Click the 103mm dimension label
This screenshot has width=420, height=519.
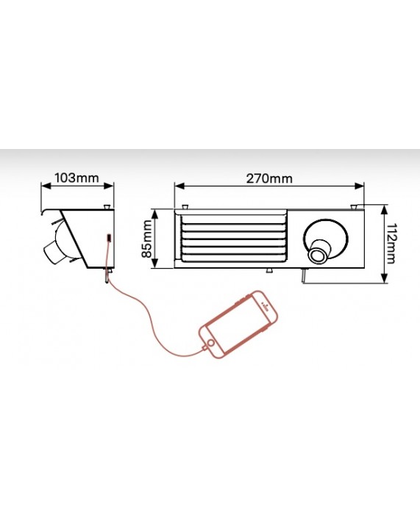pyautogui.click(x=76, y=178)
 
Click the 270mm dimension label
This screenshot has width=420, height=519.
pyautogui.click(x=269, y=178)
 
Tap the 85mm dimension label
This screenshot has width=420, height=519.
pyautogui.click(x=146, y=239)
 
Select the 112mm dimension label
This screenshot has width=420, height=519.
pyautogui.click(x=392, y=243)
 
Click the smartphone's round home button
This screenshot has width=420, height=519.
pyautogui.click(x=210, y=342)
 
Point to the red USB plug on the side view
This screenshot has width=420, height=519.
pyautogui.click(x=109, y=238)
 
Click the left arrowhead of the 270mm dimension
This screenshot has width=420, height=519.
pyautogui.click(x=179, y=186)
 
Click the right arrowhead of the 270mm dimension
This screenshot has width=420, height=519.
pyautogui.click(x=359, y=186)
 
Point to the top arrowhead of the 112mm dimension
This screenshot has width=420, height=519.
pyautogui.click(x=384, y=210)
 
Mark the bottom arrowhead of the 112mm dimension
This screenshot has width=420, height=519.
pyautogui.click(x=384, y=278)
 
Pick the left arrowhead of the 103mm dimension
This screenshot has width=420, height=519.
pyautogui.click(x=46, y=186)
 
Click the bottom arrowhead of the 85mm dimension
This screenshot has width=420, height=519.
pyautogui.click(x=154, y=263)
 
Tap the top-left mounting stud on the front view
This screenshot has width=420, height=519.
pyautogui.click(x=185, y=206)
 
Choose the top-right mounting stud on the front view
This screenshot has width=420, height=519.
pyautogui.click(x=355, y=207)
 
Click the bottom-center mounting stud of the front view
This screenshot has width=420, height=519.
pyautogui.click(x=269, y=271)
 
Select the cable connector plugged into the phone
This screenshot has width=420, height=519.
pyautogui.click(x=204, y=348)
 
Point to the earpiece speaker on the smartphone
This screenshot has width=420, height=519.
pyautogui.click(x=264, y=305)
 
